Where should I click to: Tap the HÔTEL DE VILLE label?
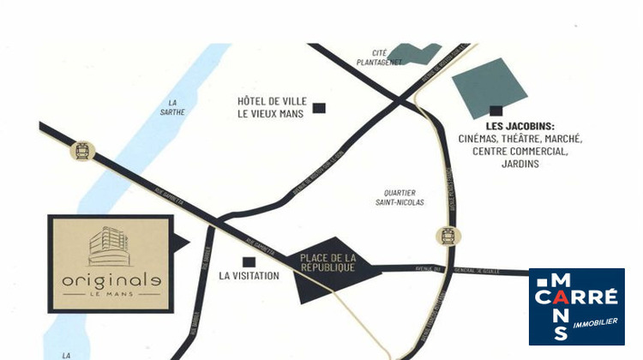point(271,101)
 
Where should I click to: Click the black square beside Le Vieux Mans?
point(319,108)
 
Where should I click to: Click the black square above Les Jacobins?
point(495,110)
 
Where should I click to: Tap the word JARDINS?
point(520,164)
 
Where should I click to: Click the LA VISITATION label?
point(249,276)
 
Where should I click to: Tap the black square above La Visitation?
point(249,261)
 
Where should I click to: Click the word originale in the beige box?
point(111,280)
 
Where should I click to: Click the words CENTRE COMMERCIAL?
point(520,151)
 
